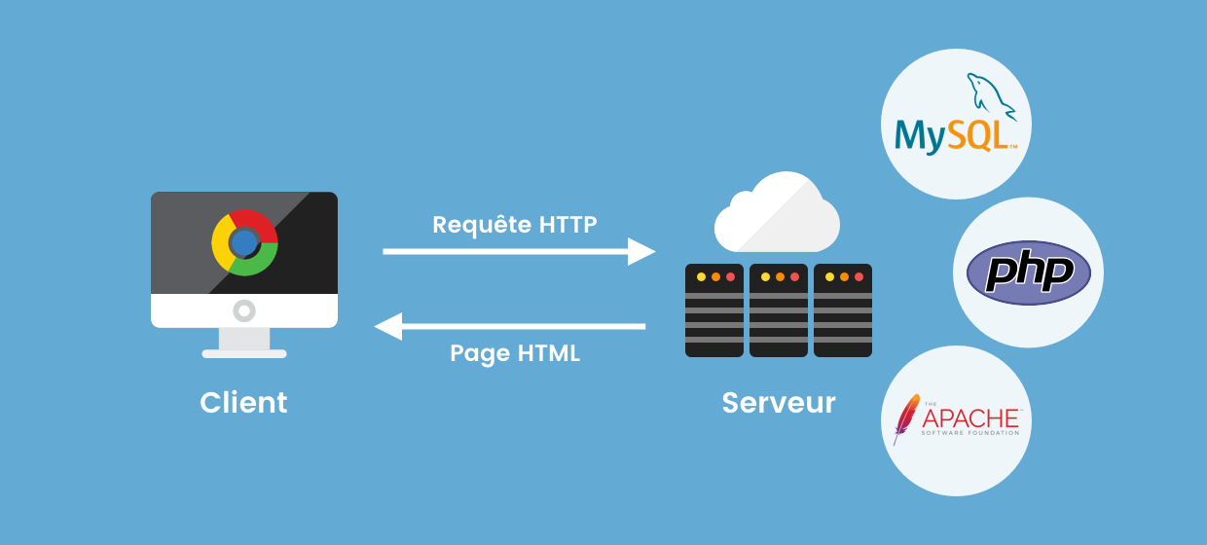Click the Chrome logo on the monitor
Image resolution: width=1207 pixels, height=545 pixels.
tap(244, 242)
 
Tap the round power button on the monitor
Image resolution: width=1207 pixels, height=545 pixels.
tap(244, 311)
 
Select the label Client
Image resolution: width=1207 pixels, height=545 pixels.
tap(243, 402)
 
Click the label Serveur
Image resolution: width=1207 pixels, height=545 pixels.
tap(779, 402)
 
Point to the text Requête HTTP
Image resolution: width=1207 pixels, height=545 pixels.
tap(515, 225)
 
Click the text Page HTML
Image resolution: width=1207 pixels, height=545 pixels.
tap(515, 353)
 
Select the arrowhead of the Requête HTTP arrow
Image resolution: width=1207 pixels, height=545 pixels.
tap(641, 251)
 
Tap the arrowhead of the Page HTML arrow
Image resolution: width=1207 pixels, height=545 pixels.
tap(388, 326)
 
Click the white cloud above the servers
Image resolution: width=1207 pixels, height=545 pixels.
tap(777, 214)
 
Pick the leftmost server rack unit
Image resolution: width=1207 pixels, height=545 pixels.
tap(714, 310)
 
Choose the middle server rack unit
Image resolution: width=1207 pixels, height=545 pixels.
tap(779, 310)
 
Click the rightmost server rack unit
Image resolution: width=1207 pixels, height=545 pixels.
tap(843, 310)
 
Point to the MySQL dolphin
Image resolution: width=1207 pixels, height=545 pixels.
tap(989, 97)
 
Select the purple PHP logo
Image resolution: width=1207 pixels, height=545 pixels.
tap(1028, 272)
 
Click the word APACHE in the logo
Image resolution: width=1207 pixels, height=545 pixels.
tap(969, 418)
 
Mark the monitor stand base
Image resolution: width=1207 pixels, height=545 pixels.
tap(244, 353)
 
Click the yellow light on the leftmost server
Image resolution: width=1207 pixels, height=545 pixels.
tap(700, 277)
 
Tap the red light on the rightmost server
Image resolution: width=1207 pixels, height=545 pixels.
tap(859, 277)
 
